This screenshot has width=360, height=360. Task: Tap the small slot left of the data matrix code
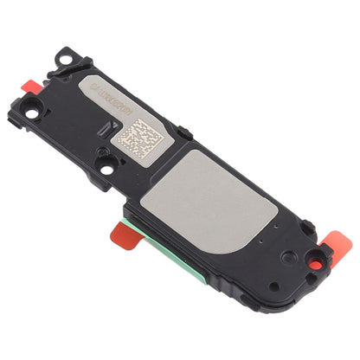tap(106, 129)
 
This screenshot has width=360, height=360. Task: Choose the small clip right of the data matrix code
tap(185, 132)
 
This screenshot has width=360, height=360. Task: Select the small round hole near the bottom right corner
tap(273, 286)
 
